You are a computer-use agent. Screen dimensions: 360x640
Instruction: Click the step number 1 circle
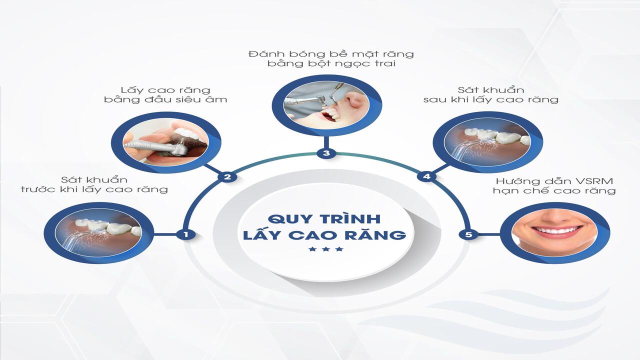coord(186,234)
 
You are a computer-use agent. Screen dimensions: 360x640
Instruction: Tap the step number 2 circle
coord(227,177)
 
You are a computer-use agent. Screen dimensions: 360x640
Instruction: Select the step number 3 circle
coord(326,153)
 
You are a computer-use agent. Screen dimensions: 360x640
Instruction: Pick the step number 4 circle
coord(426,176)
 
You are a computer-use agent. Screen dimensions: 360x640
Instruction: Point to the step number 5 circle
coord(468,234)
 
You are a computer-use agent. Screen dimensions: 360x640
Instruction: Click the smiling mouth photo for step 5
coord(554,232)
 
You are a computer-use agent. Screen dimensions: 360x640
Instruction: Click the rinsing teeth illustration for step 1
coord(99,232)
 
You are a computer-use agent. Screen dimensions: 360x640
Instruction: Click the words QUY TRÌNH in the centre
coord(324,219)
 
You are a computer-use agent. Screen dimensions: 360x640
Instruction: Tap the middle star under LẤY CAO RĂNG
coord(326,249)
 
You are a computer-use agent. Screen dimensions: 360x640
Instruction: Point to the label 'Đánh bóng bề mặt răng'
coord(331,53)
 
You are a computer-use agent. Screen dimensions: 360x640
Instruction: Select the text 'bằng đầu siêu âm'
coord(165,99)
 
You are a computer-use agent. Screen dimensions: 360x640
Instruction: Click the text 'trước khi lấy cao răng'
coord(94,189)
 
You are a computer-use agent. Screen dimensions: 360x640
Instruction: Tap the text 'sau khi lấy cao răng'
coord(490,99)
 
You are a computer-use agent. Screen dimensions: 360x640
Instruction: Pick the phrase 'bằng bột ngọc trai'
coord(331,64)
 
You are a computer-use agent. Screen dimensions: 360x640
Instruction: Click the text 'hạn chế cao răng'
coord(553,190)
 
